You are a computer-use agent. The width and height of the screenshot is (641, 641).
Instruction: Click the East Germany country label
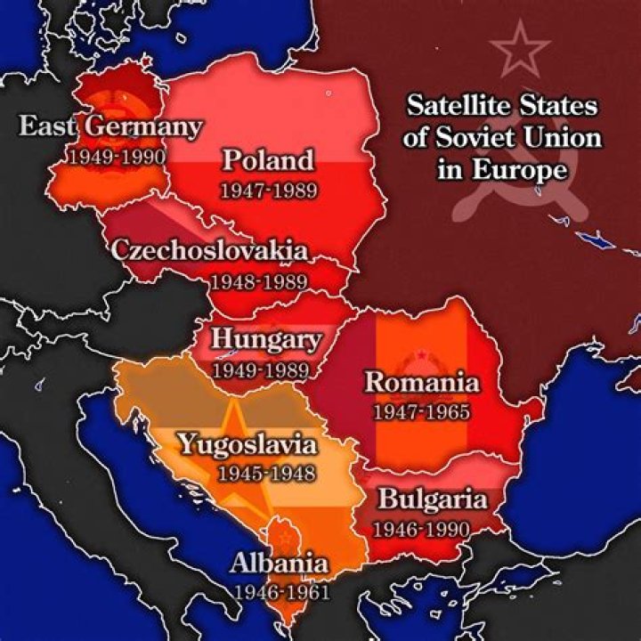click(110, 126)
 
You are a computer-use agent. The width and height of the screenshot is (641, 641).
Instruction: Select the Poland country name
click(268, 161)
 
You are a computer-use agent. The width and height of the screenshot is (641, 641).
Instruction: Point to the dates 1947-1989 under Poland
click(268, 190)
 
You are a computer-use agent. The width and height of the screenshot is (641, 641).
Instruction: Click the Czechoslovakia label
click(210, 250)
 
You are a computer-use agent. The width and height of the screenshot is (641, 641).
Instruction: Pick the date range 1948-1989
click(258, 281)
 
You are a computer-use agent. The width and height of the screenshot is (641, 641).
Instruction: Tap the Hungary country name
click(265, 340)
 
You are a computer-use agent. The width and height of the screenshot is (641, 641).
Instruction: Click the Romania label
click(422, 384)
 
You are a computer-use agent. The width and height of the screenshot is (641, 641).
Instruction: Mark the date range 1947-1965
click(421, 413)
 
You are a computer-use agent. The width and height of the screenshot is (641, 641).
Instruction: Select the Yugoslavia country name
click(247, 443)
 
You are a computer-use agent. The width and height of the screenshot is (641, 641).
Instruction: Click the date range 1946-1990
click(420, 530)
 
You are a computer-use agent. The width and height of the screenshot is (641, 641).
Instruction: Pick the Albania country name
click(280, 564)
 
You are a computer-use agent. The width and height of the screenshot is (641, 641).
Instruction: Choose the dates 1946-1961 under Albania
click(281, 592)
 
